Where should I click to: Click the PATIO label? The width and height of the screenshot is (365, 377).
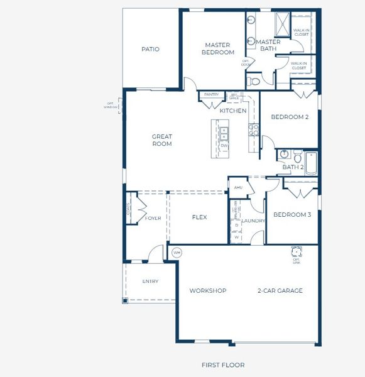tap(150, 49)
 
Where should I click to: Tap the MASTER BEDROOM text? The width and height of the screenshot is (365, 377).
tap(218, 49)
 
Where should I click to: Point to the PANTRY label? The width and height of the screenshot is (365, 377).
tap(211, 95)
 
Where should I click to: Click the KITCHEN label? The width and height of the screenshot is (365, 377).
tap(232, 111)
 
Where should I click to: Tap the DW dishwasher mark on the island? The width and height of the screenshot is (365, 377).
tap(224, 146)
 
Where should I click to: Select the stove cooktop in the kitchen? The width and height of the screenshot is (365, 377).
tap(254, 130)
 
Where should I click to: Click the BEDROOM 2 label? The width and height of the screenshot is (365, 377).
tap(289, 117)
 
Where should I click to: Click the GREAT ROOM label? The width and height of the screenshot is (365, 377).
tap(161, 140)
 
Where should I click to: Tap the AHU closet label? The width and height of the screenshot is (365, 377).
tap(238, 187)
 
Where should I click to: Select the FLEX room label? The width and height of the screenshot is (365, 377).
tap(199, 217)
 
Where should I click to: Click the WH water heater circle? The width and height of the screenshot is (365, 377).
tap(177, 252)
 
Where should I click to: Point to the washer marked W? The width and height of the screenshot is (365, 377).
tap(236, 237)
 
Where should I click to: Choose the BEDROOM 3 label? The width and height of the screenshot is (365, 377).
tap(292, 214)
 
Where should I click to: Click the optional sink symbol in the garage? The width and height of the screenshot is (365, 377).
tap(295, 252)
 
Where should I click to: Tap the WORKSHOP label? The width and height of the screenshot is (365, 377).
tap(208, 291)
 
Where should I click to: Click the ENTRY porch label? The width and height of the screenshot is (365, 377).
tap(150, 281)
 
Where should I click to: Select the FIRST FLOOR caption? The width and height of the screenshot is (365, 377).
tap(223, 365)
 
